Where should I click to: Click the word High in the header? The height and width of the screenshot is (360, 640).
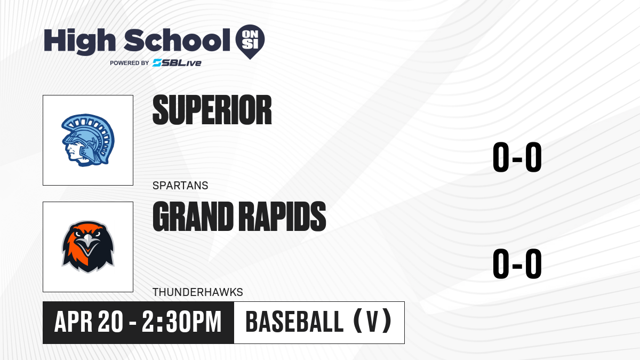[x=79, y=41]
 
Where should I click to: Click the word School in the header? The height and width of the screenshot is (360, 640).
[x=177, y=40]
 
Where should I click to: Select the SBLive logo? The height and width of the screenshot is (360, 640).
[x=177, y=63]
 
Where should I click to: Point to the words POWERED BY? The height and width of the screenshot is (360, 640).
[x=130, y=63]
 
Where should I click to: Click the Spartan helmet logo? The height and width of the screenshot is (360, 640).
[x=88, y=140]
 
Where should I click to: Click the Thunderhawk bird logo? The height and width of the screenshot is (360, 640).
[x=88, y=247]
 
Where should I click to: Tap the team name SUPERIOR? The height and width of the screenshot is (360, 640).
[x=212, y=110]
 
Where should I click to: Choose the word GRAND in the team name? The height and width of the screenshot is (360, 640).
[x=193, y=217]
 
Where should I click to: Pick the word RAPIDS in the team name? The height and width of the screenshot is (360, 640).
[x=282, y=217]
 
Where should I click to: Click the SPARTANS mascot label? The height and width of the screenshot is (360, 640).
[x=180, y=186]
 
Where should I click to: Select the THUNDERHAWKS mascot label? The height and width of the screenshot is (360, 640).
[x=198, y=292]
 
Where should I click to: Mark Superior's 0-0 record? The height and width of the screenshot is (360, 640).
[x=517, y=157]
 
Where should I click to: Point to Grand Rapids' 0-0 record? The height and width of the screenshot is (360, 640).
[x=517, y=263]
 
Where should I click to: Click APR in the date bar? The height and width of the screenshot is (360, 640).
[x=74, y=322]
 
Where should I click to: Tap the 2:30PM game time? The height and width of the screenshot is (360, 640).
[x=182, y=322]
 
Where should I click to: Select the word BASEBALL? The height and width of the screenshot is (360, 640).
[x=294, y=322]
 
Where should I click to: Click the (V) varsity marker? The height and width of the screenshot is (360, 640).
[x=373, y=321]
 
